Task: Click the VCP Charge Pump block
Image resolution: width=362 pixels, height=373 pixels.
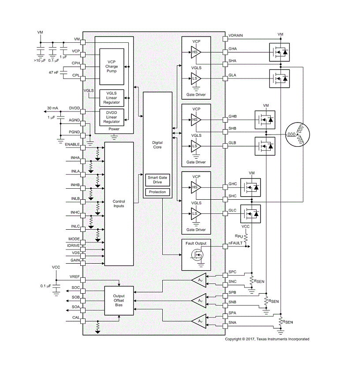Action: [x=112, y=67]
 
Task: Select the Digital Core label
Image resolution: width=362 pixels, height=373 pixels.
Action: [x=157, y=145]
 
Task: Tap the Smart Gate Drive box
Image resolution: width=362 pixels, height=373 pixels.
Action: [x=157, y=180]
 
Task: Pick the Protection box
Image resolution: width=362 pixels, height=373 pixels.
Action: [x=157, y=192]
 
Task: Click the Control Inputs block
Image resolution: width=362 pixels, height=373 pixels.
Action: [x=119, y=204]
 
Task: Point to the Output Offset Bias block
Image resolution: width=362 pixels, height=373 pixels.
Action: [x=119, y=300]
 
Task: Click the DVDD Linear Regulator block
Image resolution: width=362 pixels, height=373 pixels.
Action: [x=112, y=117]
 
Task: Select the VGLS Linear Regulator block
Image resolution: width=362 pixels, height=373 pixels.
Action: [x=112, y=98]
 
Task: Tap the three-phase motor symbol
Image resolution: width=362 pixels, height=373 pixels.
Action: [x=298, y=134]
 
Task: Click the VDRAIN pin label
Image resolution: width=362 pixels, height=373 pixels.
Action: [x=235, y=35]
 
